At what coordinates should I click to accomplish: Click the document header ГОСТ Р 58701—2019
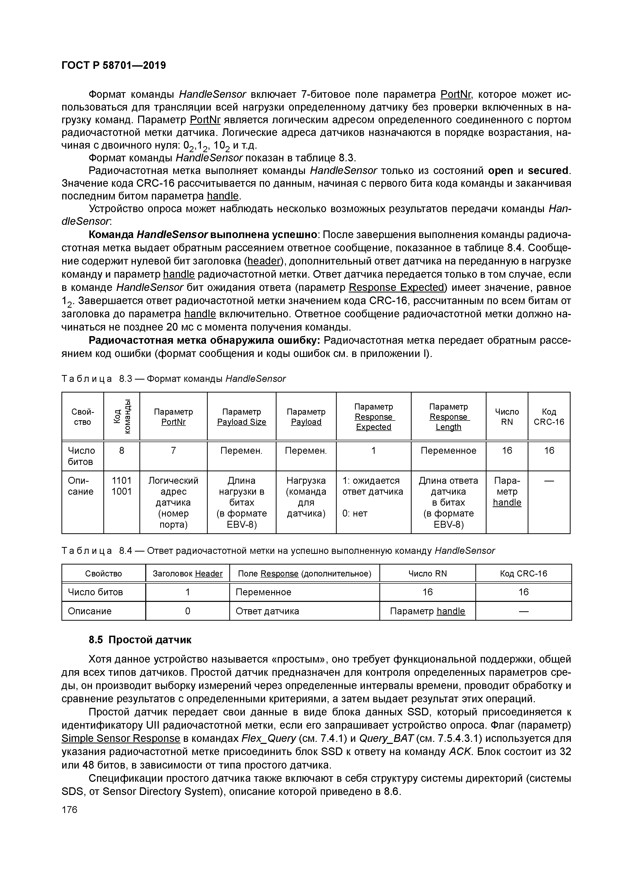[114, 66]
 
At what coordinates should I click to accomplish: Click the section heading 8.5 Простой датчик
[140, 639]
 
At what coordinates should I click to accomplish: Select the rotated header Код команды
[121, 416]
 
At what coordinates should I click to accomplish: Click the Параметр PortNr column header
[173, 417]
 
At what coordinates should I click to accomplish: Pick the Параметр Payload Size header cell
[241, 417]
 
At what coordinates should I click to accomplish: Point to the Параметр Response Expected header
[373, 417]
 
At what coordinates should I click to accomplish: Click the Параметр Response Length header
[448, 417]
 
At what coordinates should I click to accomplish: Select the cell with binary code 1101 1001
[121, 486]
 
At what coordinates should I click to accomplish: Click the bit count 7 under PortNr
[173, 450]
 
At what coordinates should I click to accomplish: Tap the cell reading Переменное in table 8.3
[448, 450]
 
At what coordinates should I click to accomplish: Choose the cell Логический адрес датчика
[173, 503]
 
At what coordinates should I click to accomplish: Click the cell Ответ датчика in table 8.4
[267, 611]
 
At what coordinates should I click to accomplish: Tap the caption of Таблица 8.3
[173, 379]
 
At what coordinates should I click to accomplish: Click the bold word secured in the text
[548, 171]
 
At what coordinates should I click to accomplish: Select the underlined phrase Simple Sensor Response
[121, 738]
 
